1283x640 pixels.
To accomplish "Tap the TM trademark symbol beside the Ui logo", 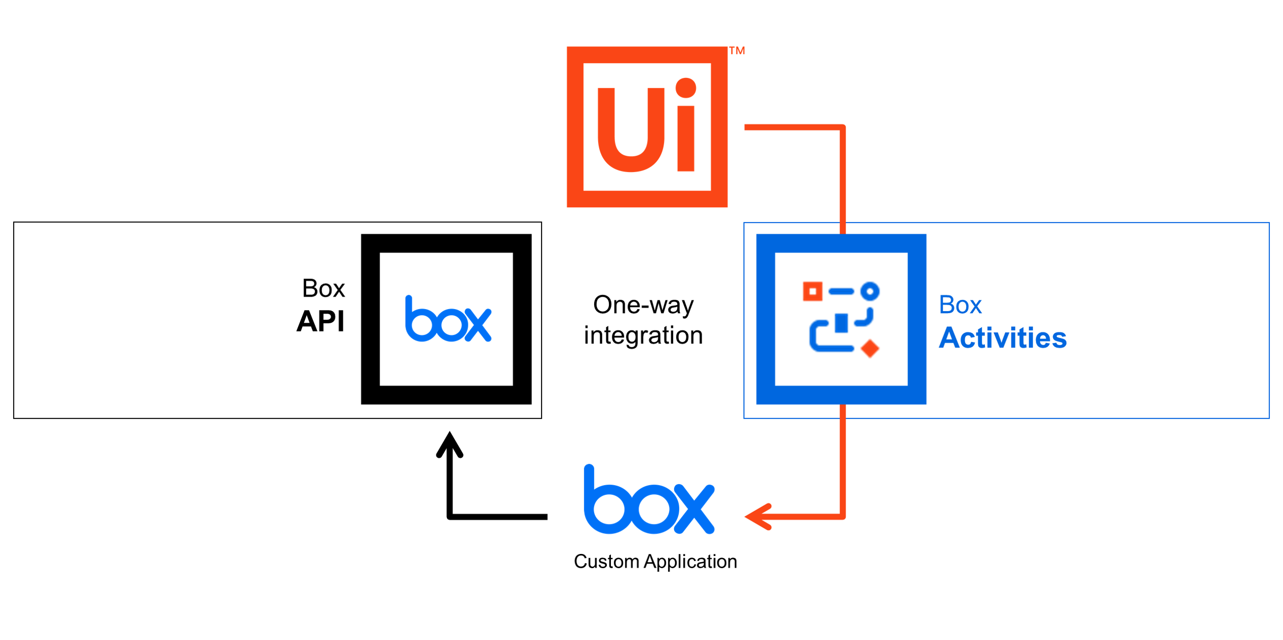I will (736, 50).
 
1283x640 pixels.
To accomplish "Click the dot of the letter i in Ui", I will (685, 88).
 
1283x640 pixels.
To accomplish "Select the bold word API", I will (320, 321).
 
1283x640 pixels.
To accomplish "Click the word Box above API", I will (323, 289).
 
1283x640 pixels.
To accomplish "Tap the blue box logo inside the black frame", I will (447, 319).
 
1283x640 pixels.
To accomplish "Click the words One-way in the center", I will (643, 305).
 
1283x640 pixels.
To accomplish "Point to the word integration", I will (643, 336).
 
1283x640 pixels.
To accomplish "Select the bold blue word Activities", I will (1002, 338).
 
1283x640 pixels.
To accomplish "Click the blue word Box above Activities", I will (960, 305).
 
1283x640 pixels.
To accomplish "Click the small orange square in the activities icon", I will (812, 291).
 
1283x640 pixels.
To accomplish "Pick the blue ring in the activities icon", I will (869, 291).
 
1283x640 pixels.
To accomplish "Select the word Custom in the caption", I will (606, 562).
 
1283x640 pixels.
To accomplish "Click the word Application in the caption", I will (690, 562).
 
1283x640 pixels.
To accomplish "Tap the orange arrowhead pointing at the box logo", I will (758, 517).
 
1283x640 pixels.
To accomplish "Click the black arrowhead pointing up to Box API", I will (449, 444).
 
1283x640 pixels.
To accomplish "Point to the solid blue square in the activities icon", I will (841, 323).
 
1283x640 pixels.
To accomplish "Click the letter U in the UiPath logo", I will (631, 130).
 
